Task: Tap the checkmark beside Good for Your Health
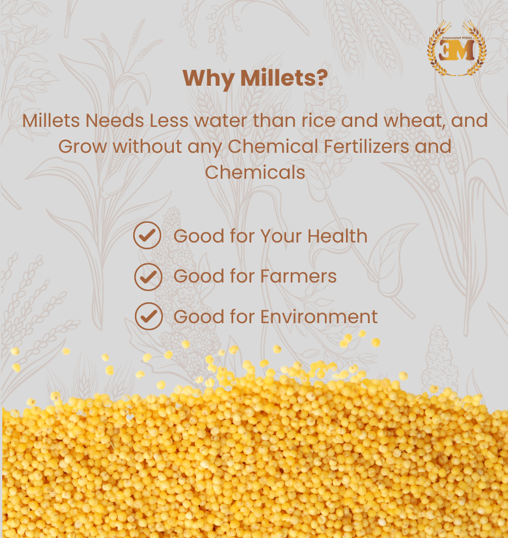click(x=148, y=235)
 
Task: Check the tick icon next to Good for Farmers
click(x=148, y=276)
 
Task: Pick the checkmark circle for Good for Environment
click(x=148, y=316)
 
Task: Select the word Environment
click(x=319, y=316)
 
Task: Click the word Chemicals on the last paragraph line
click(x=255, y=171)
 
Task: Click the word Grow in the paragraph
click(x=82, y=146)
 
